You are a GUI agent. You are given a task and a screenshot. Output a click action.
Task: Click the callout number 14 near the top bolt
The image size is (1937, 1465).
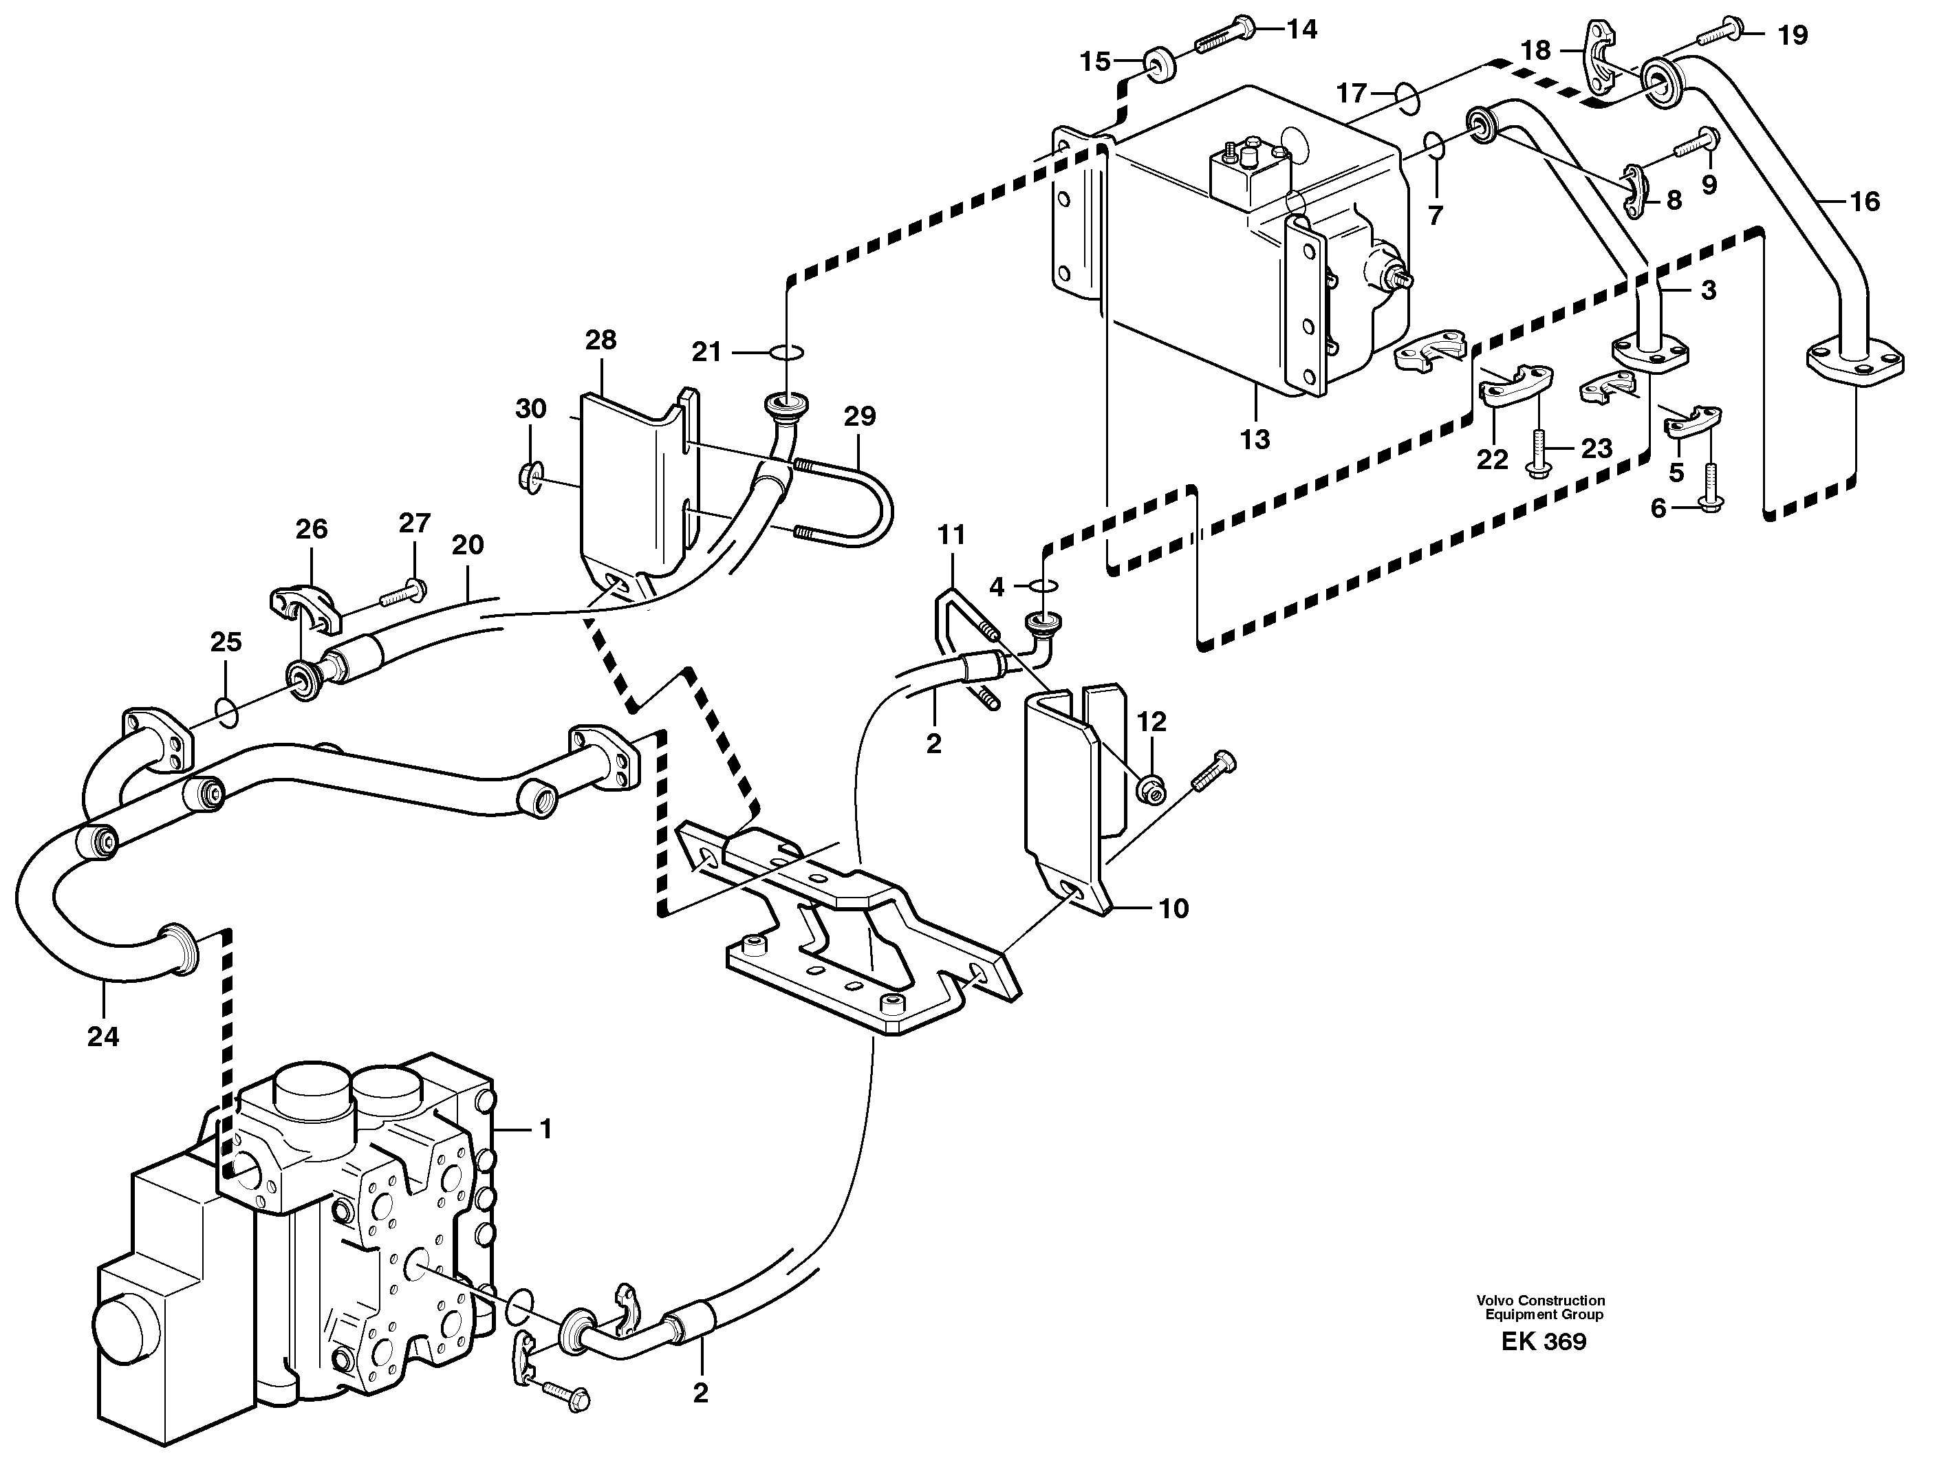click(1302, 30)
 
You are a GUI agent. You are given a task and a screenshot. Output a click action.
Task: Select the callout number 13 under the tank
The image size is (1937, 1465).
click(1255, 439)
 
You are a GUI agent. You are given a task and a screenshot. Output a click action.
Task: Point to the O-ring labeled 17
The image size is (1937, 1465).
click(1407, 97)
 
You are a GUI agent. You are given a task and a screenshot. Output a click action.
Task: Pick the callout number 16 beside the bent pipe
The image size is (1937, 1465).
click(1865, 202)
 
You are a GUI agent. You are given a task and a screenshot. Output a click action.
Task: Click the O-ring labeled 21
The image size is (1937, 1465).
click(787, 352)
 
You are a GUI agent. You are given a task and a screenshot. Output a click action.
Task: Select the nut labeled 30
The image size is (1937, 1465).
click(530, 477)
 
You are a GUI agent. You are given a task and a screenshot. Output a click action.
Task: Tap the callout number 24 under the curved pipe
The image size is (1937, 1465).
click(102, 1037)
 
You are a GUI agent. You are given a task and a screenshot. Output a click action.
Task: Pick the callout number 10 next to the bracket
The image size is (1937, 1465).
click(1173, 909)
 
